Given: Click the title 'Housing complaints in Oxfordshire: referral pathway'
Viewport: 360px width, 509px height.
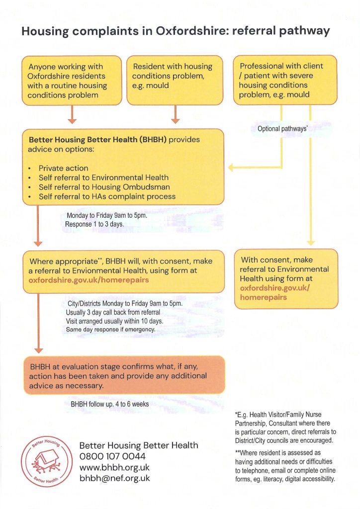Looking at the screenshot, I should (176, 31).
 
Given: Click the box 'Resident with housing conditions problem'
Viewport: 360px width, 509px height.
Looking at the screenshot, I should (175, 80).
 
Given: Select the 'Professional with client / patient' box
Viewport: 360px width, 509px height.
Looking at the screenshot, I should (285, 80).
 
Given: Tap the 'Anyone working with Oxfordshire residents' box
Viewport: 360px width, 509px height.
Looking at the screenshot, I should (72, 80).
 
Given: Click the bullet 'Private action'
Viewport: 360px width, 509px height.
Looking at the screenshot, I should (63, 169).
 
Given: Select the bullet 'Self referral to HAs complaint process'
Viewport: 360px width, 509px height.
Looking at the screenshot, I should (107, 196).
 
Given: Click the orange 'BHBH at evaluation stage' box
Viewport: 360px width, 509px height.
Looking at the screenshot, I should (124, 375).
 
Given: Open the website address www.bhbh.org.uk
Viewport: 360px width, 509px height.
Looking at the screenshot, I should (114, 468).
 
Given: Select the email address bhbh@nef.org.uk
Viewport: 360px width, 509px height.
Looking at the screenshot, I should (114, 479).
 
